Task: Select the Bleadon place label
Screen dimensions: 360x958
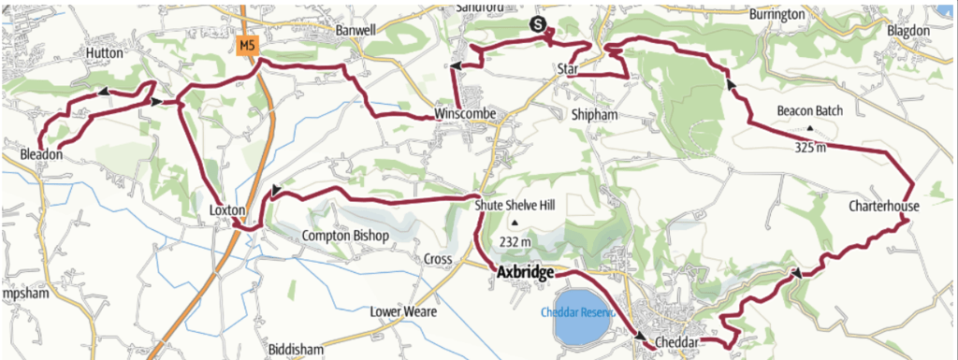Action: coord(40,155)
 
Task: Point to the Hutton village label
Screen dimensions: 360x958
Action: coord(104,53)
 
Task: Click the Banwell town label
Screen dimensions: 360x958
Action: coord(356,30)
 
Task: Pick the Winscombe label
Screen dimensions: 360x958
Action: coord(465,116)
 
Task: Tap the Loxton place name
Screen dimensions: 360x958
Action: coord(227,211)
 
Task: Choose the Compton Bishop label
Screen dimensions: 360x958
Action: coord(344,236)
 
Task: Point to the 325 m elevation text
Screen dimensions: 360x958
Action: coord(810,147)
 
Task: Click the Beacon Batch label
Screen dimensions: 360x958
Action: coord(809,111)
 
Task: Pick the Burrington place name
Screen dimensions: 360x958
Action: coord(777,15)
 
